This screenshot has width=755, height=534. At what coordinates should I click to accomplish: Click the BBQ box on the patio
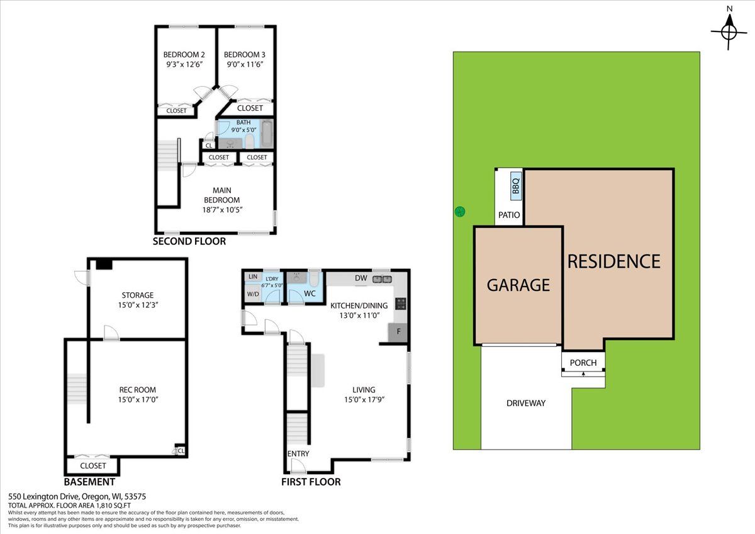tap(516, 186)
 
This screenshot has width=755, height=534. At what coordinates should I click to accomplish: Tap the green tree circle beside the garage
tap(460, 212)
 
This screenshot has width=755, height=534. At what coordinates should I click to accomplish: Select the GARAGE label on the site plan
tap(518, 285)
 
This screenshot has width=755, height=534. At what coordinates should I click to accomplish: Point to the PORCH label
tap(583, 363)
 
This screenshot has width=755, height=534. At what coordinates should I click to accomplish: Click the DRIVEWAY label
tap(526, 403)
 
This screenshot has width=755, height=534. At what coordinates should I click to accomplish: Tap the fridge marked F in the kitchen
tap(398, 332)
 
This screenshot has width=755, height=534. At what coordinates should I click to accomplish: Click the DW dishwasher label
tap(361, 278)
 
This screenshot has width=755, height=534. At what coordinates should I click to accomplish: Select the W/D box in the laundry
tap(253, 294)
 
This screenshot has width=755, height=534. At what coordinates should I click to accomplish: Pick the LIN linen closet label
tap(253, 276)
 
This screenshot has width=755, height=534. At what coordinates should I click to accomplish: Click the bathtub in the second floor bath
tap(267, 133)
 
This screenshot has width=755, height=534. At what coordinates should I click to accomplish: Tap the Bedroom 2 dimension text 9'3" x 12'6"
tap(184, 64)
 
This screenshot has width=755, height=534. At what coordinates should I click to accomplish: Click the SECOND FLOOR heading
tap(189, 241)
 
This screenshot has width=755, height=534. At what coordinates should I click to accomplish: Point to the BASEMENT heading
tap(89, 482)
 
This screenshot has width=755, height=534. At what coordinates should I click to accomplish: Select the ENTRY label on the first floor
tap(298, 454)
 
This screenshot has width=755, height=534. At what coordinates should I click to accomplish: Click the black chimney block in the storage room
tap(104, 264)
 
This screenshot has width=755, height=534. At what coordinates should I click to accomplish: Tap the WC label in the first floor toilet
tap(310, 293)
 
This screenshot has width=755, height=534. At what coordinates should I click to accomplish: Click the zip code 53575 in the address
tap(135, 497)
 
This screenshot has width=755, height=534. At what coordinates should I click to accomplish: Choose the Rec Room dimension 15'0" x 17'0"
tap(138, 400)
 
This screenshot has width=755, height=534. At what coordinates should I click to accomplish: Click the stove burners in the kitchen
tap(401, 304)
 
